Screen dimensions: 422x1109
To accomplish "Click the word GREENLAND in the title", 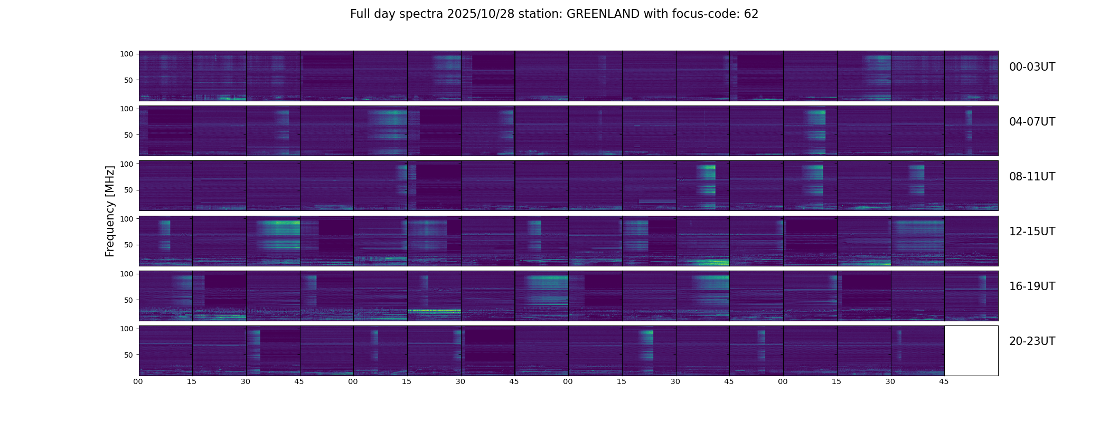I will (x=603, y=14).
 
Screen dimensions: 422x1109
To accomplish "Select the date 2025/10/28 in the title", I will (x=478, y=14).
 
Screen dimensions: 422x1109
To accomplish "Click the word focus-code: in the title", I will (x=710, y=14).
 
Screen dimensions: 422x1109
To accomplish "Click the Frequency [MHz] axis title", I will (x=110, y=211).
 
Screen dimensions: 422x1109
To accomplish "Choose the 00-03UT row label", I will (x=1032, y=67).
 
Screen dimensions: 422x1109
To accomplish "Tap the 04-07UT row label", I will (x=1032, y=122).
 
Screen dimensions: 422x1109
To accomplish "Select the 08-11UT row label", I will (x=1032, y=177).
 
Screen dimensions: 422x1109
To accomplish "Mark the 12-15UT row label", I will (x=1032, y=232).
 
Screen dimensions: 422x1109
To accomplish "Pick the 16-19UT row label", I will (x=1032, y=286).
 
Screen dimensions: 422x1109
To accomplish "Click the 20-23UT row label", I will (x=1032, y=341).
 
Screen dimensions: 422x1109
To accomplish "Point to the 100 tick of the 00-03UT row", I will (x=127, y=54).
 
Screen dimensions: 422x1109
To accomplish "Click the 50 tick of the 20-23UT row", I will (x=128, y=355).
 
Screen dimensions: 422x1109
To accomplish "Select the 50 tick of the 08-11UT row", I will (x=128, y=190).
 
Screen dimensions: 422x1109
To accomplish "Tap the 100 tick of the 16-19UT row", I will (x=127, y=274).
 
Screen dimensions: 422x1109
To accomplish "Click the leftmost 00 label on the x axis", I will (x=138, y=381).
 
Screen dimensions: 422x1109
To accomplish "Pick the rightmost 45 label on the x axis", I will (x=944, y=381).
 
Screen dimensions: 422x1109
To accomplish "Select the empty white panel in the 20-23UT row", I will (x=971, y=351).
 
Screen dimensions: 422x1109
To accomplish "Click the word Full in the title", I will (x=359, y=14).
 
